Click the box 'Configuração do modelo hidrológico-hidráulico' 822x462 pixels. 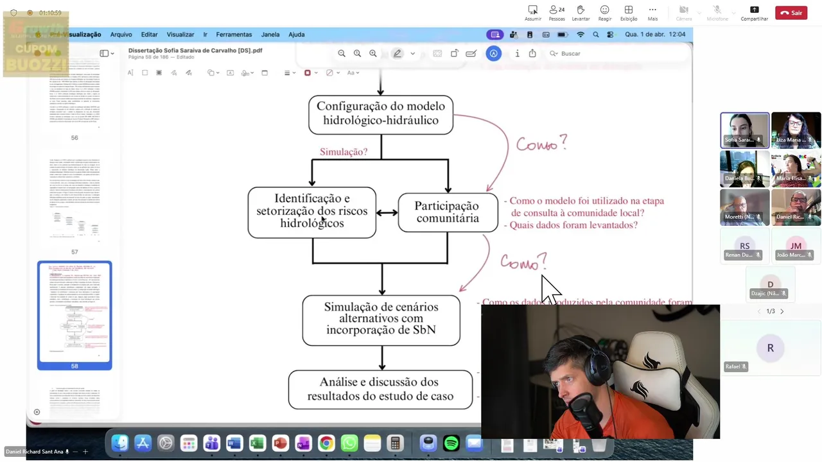(381, 115)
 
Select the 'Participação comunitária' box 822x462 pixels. (448, 212)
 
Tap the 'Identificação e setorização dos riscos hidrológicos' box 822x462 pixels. (312, 212)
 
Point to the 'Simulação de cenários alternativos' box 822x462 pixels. (381, 319)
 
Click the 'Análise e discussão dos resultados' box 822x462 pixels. (380, 389)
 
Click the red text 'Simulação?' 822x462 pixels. (344, 152)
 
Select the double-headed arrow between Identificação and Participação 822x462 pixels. (387, 212)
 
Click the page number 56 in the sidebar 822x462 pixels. (74, 138)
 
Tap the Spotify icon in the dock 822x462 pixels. (451, 443)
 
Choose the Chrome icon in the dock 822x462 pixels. (326, 443)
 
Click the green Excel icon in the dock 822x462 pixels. (257, 443)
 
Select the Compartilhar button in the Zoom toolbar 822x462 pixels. (754, 13)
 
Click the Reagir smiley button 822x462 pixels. (604, 13)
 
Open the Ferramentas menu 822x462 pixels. (234, 35)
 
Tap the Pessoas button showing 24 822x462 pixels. (557, 13)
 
